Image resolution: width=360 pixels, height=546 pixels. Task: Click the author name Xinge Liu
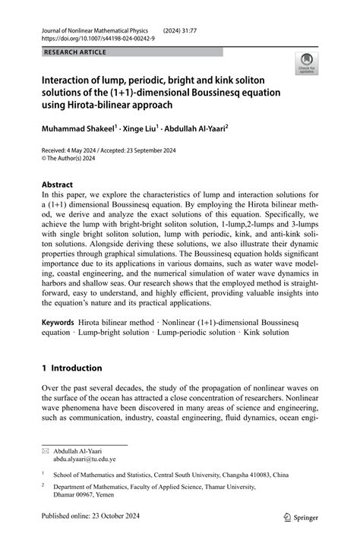(x=141, y=130)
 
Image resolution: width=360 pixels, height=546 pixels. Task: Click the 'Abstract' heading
(x=58, y=185)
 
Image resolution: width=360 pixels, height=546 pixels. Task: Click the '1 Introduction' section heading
(x=71, y=368)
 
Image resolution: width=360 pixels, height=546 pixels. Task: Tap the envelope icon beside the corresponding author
(x=45, y=450)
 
